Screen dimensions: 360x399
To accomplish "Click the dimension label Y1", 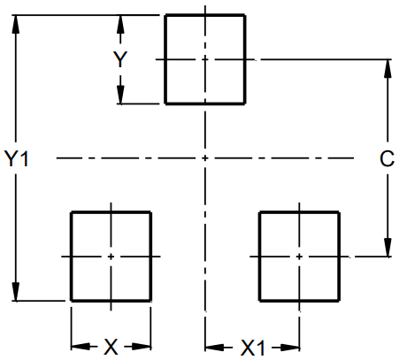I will pyautogui.click(x=18, y=159).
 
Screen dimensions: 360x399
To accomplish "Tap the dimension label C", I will pyautogui.click(x=386, y=159).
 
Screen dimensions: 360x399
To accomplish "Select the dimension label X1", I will pyautogui.click(x=253, y=347).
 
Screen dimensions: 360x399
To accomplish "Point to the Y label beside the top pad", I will pyautogui.click(x=122, y=60).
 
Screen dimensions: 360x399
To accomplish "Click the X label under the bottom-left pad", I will pyautogui.click(x=111, y=347).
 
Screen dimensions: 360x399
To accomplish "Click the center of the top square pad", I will pyautogui.click(x=205, y=59).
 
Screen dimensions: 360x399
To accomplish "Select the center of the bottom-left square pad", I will pyautogui.click(x=111, y=256).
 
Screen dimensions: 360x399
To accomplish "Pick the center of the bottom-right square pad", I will pyautogui.click(x=299, y=256).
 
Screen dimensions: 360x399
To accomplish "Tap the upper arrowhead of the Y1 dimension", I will pyautogui.click(x=16, y=22).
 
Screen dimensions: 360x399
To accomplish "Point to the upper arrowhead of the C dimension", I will pyautogui.click(x=387, y=67).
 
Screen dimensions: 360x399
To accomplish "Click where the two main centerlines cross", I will pyautogui.click(x=205, y=158).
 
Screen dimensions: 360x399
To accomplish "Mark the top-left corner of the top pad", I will pyautogui.click(x=165, y=15).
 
